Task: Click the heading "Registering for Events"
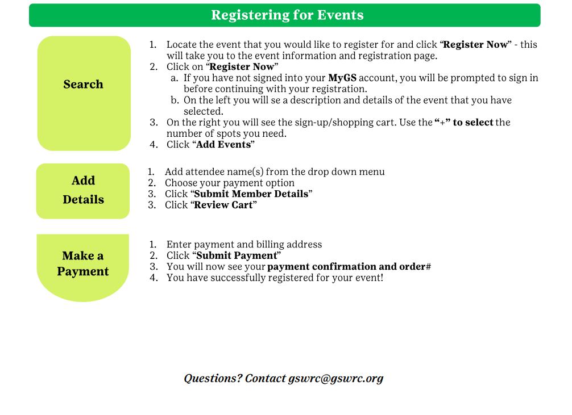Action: coord(287,15)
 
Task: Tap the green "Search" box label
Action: coord(84,85)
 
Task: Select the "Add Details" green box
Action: coord(83,190)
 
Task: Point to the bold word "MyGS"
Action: coord(342,78)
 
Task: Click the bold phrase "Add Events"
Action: coord(223,144)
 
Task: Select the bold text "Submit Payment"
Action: coord(237,255)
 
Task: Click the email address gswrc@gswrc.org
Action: coord(335,378)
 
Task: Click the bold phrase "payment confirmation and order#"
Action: coord(349,266)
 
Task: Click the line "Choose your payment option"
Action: coord(230,183)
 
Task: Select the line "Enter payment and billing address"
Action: coord(244,244)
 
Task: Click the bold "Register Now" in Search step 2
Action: coord(242,66)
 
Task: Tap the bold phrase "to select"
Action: coord(472,122)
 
